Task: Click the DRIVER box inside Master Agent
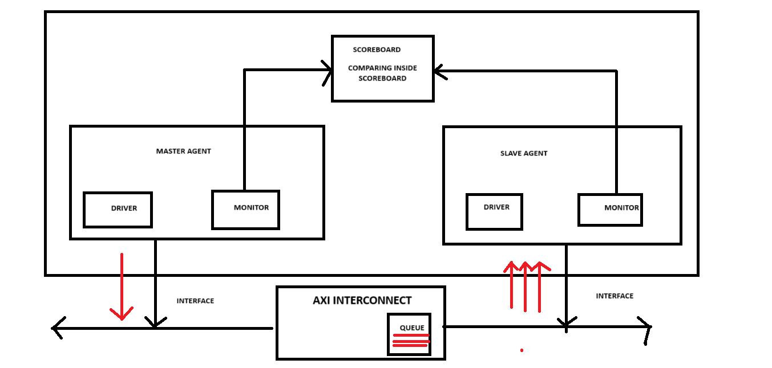click(x=118, y=210)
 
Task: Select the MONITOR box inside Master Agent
click(x=245, y=210)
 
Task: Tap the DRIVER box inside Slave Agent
click(x=494, y=211)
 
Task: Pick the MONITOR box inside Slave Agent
click(x=610, y=210)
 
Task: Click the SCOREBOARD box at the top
click(x=382, y=68)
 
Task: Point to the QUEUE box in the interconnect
click(x=409, y=334)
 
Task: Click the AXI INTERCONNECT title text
click(x=362, y=300)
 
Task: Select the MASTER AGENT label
click(x=183, y=152)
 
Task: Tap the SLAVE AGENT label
click(x=523, y=153)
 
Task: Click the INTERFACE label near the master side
click(x=195, y=301)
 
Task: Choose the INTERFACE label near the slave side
click(x=615, y=296)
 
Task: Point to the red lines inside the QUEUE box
click(x=410, y=340)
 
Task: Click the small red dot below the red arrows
click(x=522, y=350)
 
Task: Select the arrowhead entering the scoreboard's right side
click(x=438, y=71)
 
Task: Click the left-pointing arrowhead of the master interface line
click(x=57, y=328)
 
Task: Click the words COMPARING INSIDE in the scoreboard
click(x=382, y=68)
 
